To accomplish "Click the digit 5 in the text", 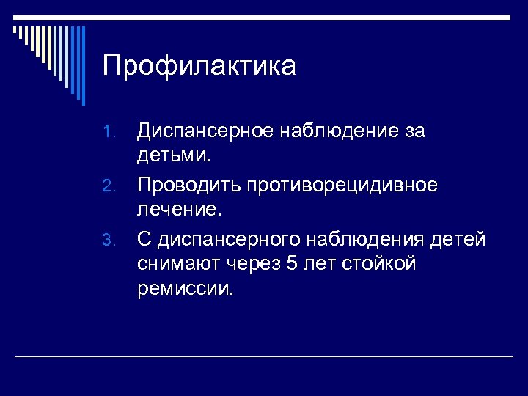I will (292, 263).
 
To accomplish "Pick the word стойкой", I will (380, 263).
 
